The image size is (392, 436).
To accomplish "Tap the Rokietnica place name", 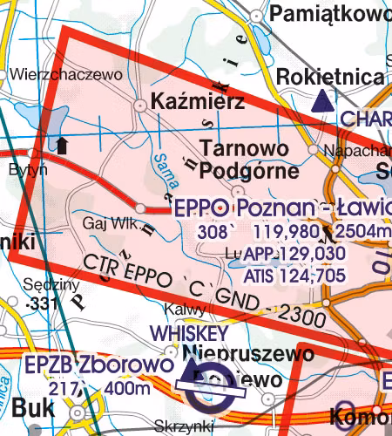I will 329,78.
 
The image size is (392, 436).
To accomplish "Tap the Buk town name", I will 32,408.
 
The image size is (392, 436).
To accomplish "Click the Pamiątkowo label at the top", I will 330,14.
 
